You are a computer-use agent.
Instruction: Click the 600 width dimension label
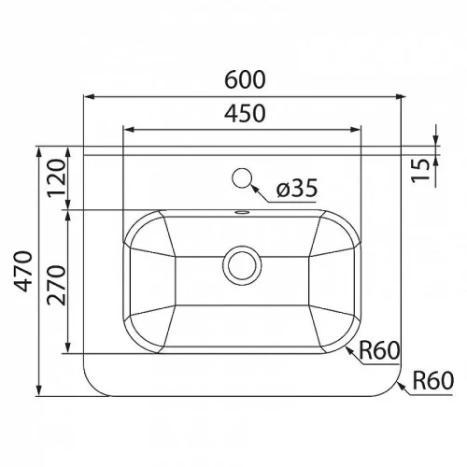point(245,79)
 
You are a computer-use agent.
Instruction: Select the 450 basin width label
point(245,113)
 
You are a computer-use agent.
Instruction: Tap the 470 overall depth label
point(22,271)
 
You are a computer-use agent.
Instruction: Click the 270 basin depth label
point(57,285)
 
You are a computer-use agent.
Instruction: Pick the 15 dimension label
point(420,170)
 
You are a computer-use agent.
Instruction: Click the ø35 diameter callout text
point(297,188)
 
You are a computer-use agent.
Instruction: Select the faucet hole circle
point(242,178)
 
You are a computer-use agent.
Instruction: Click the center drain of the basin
point(242,265)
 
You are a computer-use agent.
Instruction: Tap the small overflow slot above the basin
point(242,213)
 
